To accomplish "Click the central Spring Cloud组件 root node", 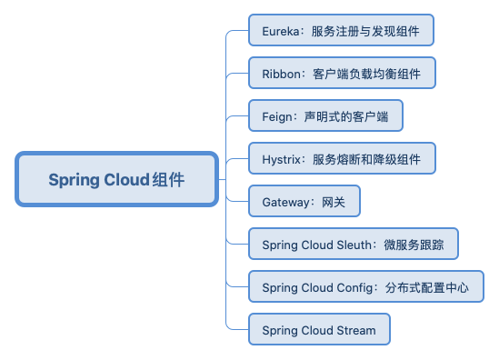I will click(117, 179).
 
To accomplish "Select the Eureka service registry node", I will click(341, 30).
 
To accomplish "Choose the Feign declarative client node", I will click(325, 115).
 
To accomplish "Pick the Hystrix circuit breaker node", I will click(341, 158).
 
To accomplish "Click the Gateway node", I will click(304, 201).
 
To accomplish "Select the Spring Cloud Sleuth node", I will click(354, 244).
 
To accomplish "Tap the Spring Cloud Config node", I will click(365, 287).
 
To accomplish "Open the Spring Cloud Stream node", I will click(319, 330).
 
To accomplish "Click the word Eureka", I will click(281, 30).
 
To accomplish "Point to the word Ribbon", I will click(282, 73).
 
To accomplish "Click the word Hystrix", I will click(283, 158).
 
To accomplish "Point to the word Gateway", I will click(286, 202).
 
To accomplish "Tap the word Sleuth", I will click(354, 245).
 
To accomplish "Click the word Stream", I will click(354, 330).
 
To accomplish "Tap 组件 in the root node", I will click(169, 179).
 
